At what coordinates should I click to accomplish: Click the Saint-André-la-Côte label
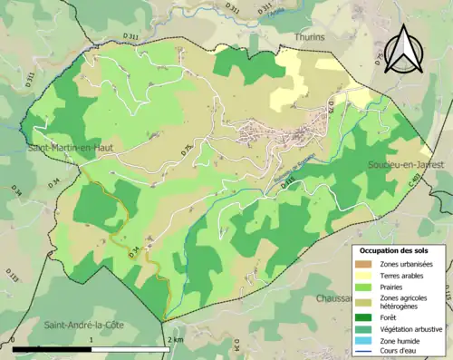click(x=84, y=324)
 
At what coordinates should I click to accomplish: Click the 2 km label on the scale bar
click(x=176, y=339)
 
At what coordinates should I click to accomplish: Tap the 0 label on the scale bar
click(x=14, y=339)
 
